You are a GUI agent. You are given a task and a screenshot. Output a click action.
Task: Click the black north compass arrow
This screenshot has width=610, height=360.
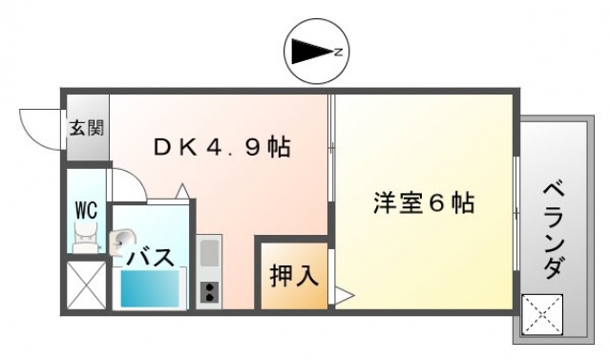coord(308,52)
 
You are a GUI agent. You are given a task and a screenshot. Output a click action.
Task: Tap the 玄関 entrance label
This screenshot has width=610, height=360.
coord(87,127)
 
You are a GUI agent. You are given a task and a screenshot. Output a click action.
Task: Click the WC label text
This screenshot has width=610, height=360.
coord(84,210)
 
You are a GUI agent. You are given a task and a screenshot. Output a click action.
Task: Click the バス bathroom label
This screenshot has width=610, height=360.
coord(151,257)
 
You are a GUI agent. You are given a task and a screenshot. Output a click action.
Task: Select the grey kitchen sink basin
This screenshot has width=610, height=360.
coord(210,254)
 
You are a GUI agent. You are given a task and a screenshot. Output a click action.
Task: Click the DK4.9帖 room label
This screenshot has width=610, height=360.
coord(222,148)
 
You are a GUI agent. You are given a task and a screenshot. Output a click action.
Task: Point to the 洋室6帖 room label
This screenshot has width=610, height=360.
coord(423,203)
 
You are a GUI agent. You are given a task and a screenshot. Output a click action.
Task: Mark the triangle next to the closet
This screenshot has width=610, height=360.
coord(342,297)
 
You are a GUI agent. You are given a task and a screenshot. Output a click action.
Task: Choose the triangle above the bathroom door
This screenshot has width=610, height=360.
coord(183,191)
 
